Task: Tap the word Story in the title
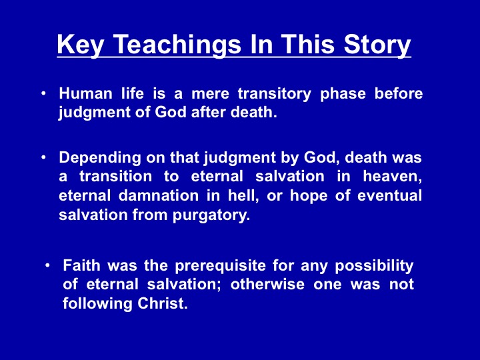pyautogui.click(x=377, y=45)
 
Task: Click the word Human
pyautogui.click(x=85, y=93)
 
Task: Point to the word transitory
pyautogui.click(x=274, y=94)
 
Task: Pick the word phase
pyautogui.click(x=343, y=94)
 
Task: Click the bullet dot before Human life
pyautogui.click(x=44, y=93)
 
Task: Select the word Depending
pyautogui.click(x=100, y=158)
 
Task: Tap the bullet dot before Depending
pyautogui.click(x=44, y=157)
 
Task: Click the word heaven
pyautogui.click(x=392, y=177)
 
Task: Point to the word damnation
pyautogui.click(x=159, y=195)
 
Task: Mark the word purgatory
pyautogui.click(x=211, y=216)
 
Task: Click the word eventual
pyautogui.click(x=389, y=195)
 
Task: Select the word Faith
pyautogui.click(x=81, y=265)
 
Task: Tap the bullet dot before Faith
pyautogui.click(x=47, y=265)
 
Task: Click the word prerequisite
pyautogui.click(x=221, y=266)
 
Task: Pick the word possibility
pyautogui.click(x=374, y=266)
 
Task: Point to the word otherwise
pyautogui.click(x=267, y=285)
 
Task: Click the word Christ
pyautogui.click(x=162, y=303)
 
